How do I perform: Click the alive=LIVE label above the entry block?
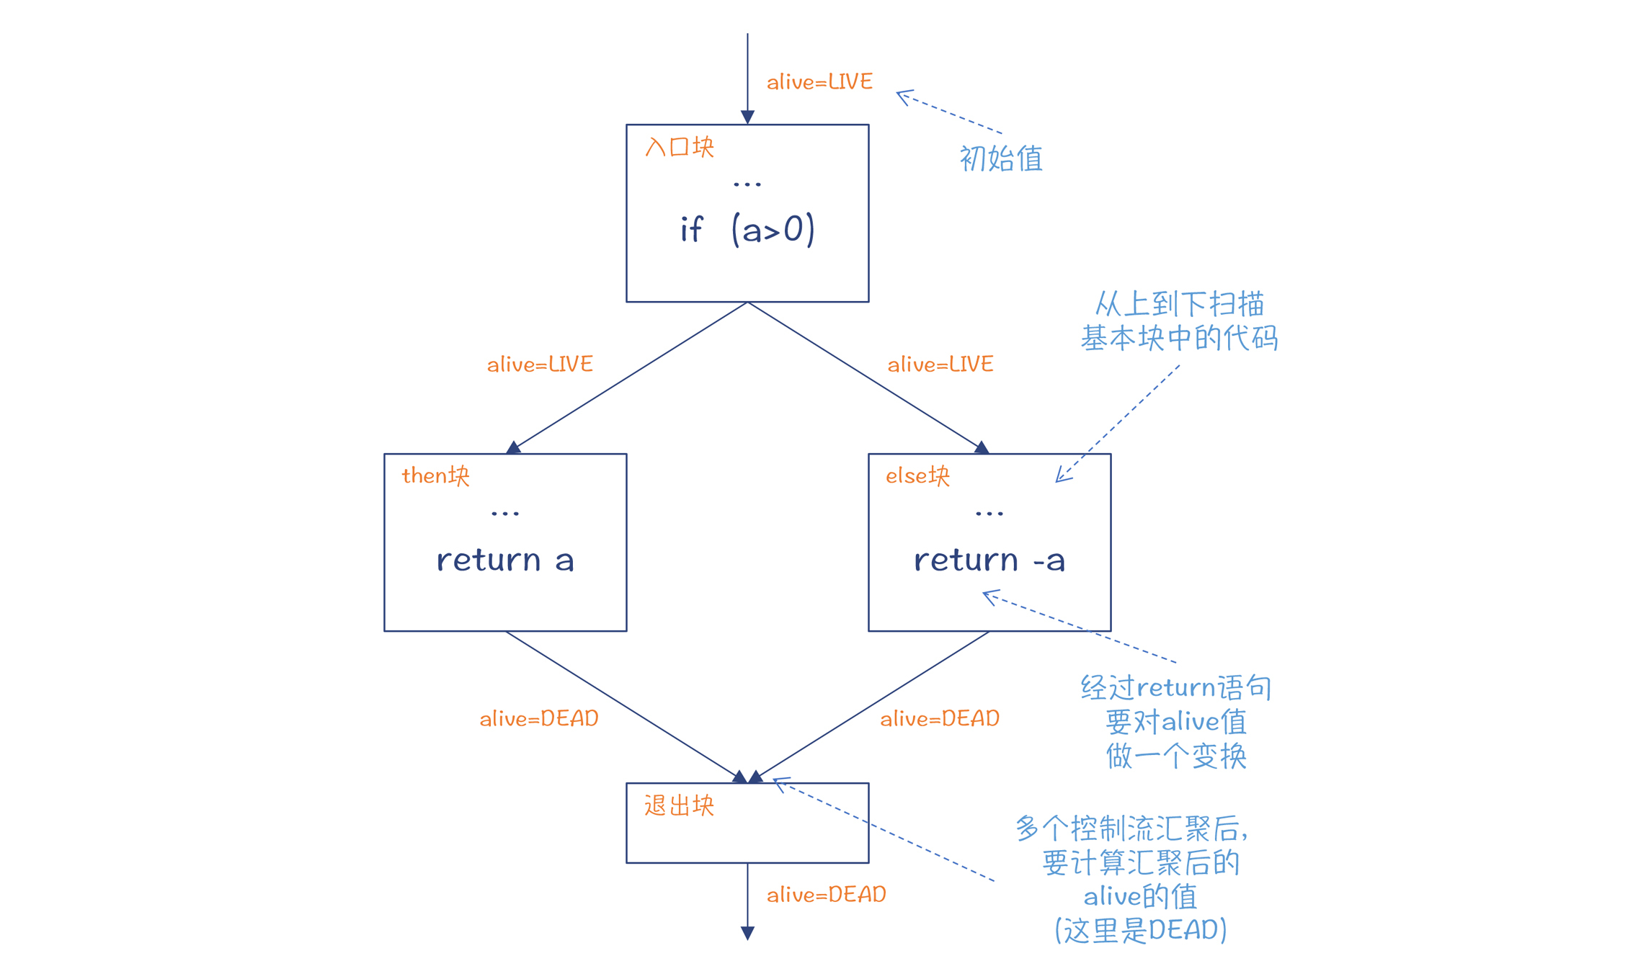tap(819, 82)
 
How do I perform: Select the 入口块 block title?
tap(679, 147)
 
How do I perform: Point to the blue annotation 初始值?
tap(1001, 158)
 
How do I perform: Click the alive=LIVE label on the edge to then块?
tap(540, 365)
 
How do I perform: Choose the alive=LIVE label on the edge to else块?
tap(940, 365)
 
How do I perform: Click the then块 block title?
tap(435, 476)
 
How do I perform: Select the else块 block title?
tap(917, 476)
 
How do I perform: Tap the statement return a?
tap(505, 560)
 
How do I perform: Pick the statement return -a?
tap(989, 560)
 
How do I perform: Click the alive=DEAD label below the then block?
tap(539, 719)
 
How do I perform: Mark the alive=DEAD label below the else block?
tap(940, 719)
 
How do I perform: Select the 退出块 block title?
tap(679, 805)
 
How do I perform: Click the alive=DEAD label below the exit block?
tap(826, 895)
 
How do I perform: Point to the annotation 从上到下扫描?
tap(1180, 304)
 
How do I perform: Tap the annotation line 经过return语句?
tap(1176, 688)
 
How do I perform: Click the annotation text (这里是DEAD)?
tap(1141, 930)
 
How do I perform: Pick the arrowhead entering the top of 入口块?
tap(747, 117)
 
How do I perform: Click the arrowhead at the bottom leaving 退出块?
tap(747, 933)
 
